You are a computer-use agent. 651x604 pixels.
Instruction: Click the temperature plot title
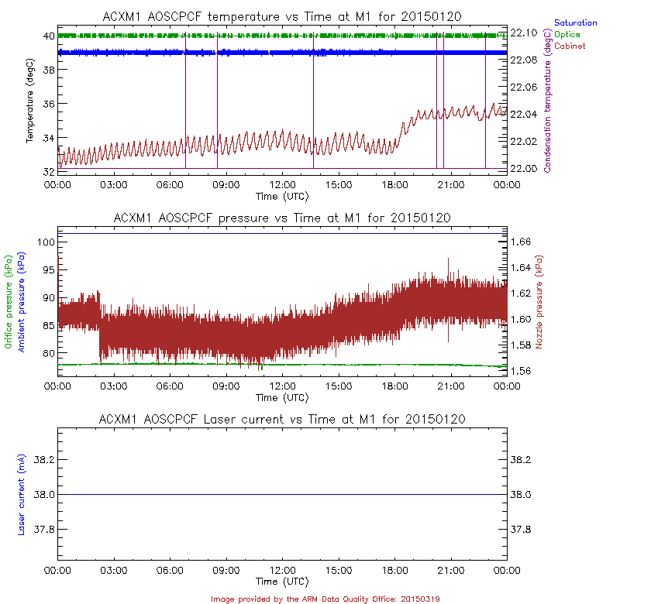(x=282, y=17)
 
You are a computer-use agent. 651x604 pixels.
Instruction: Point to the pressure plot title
(x=282, y=218)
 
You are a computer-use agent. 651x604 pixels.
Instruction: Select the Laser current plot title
(x=282, y=419)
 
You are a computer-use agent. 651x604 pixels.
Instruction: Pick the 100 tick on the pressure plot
(x=45, y=242)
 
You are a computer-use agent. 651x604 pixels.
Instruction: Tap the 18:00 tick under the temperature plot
(x=394, y=184)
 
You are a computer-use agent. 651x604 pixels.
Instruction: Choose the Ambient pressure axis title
(x=22, y=302)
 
